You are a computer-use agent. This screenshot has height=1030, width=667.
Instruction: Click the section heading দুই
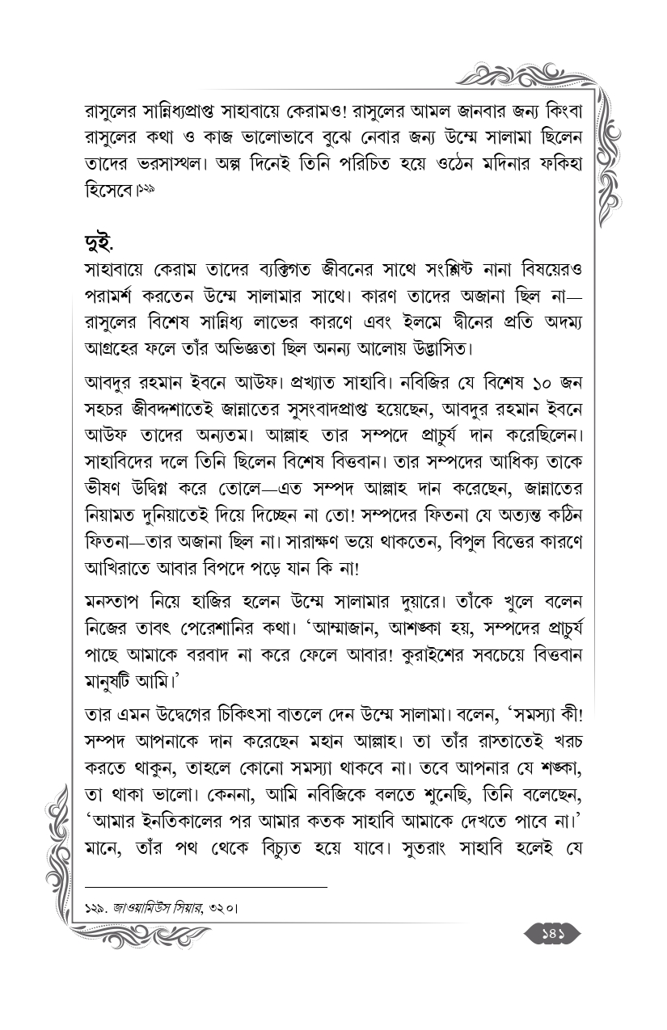pyautogui.click(x=101, y=242)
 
